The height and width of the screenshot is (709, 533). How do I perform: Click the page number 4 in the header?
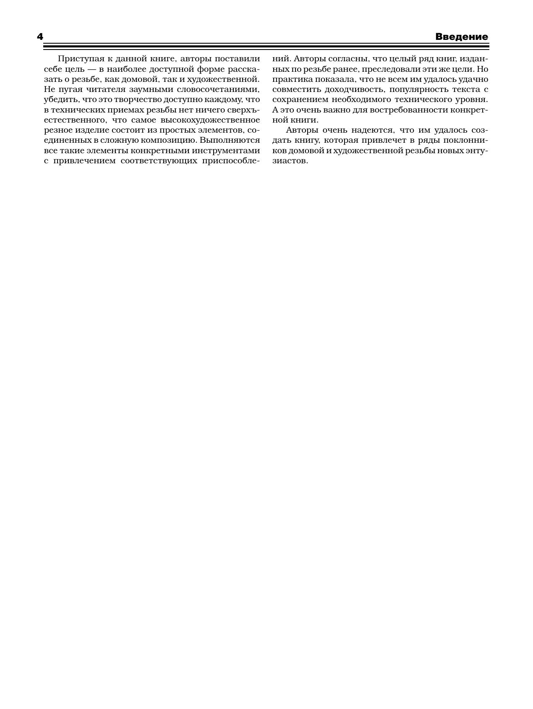click(40, 37)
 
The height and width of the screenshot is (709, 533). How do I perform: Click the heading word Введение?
click(461, 37)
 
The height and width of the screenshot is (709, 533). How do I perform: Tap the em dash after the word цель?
click(91, 69)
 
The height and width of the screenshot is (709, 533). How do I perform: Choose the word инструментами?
click(228, 151)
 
